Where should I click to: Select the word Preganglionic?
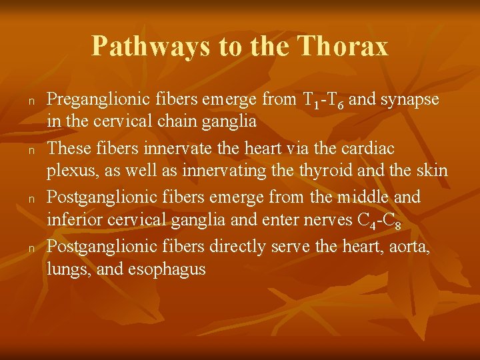pos(93,100)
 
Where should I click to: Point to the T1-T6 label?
pos(324,101)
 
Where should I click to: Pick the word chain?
pos(169,122)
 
